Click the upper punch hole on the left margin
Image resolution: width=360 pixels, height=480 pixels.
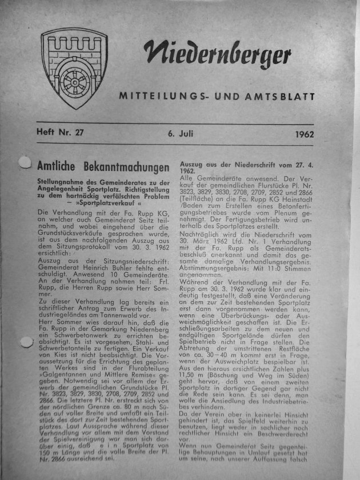(x=24, y=165)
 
